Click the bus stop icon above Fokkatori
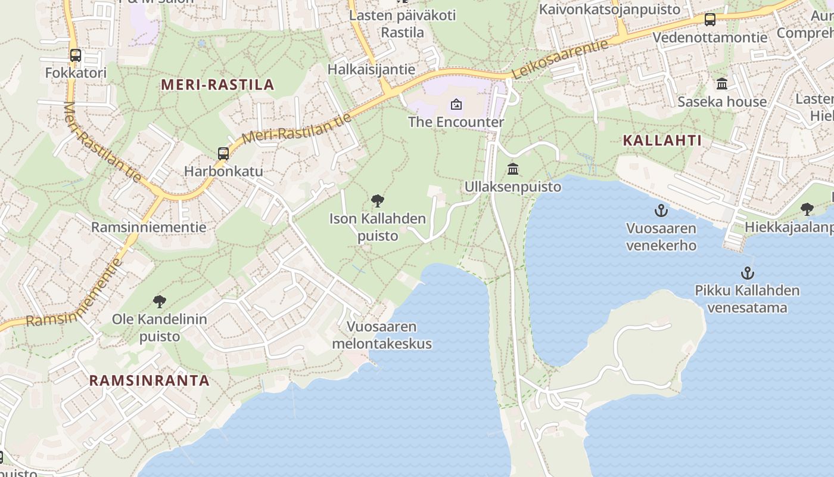[x=76, y=55]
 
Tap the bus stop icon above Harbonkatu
[x=223, y=153]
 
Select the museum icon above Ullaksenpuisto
[x=513, y=169]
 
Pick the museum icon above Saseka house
[x=722, y=83]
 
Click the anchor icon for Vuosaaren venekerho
[x=661, y=210]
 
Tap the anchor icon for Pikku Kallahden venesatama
[x=747, y=273]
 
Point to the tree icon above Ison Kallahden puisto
[x=377, y=201]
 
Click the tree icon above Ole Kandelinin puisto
[x=160, y=302]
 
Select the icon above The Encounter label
[x=456, y=105]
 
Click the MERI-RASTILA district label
[x=217, y=85]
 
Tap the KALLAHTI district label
[x=662, y=141]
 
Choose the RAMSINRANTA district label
[x=150, y=380]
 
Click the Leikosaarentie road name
[x=560, y=58]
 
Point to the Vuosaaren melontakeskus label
[x=382, y=335]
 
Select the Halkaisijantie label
[x=371, y=69]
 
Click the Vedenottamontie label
[x=710, y=38]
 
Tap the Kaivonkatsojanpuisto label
[x=609, y=9]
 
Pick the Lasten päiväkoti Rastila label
[x=402, y=23]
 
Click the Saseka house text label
[x=722, y=101]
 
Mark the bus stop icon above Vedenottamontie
[x=710, y=20]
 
